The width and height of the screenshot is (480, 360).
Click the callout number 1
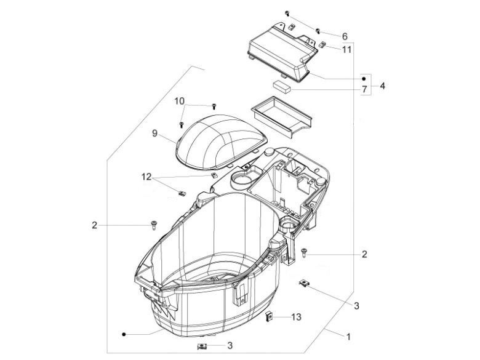(x=348, y=337)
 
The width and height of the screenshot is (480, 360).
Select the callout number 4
(x=382, y=86)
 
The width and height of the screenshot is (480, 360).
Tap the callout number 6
(x=345, y=36)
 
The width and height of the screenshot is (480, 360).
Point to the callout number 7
(x=364, y=90)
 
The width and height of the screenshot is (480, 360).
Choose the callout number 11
(x=347, y=49)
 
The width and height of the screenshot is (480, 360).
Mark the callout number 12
(x=146, y=177)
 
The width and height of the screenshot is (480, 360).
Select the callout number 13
(x=297, y=317)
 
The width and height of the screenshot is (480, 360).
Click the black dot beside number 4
(x=364, y=79)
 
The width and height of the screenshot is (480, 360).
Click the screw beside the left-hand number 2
(x=151, y=225)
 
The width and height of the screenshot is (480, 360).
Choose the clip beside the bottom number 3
(x=201, y=347)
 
